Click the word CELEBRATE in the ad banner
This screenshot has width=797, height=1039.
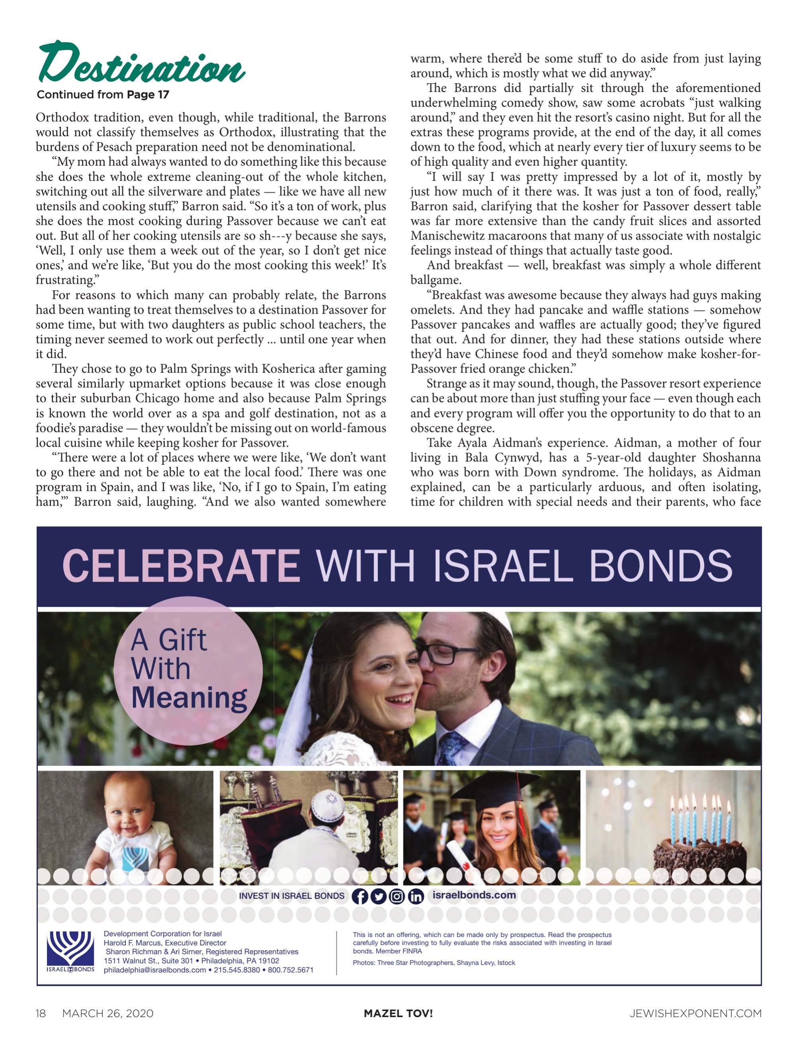181,566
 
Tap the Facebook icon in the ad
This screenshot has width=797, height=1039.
360,896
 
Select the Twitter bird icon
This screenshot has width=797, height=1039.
378,896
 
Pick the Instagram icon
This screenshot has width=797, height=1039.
397,896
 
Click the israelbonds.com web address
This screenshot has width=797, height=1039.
474,895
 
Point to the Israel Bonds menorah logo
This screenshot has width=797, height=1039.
70,949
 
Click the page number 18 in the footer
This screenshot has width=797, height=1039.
41,1014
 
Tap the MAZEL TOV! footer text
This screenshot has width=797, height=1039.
398,1014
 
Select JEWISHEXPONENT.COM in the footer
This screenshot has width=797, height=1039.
695,1014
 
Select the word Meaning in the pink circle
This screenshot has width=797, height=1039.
189,698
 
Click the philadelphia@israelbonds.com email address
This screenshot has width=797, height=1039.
155,970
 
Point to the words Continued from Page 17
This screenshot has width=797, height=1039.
103,94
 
